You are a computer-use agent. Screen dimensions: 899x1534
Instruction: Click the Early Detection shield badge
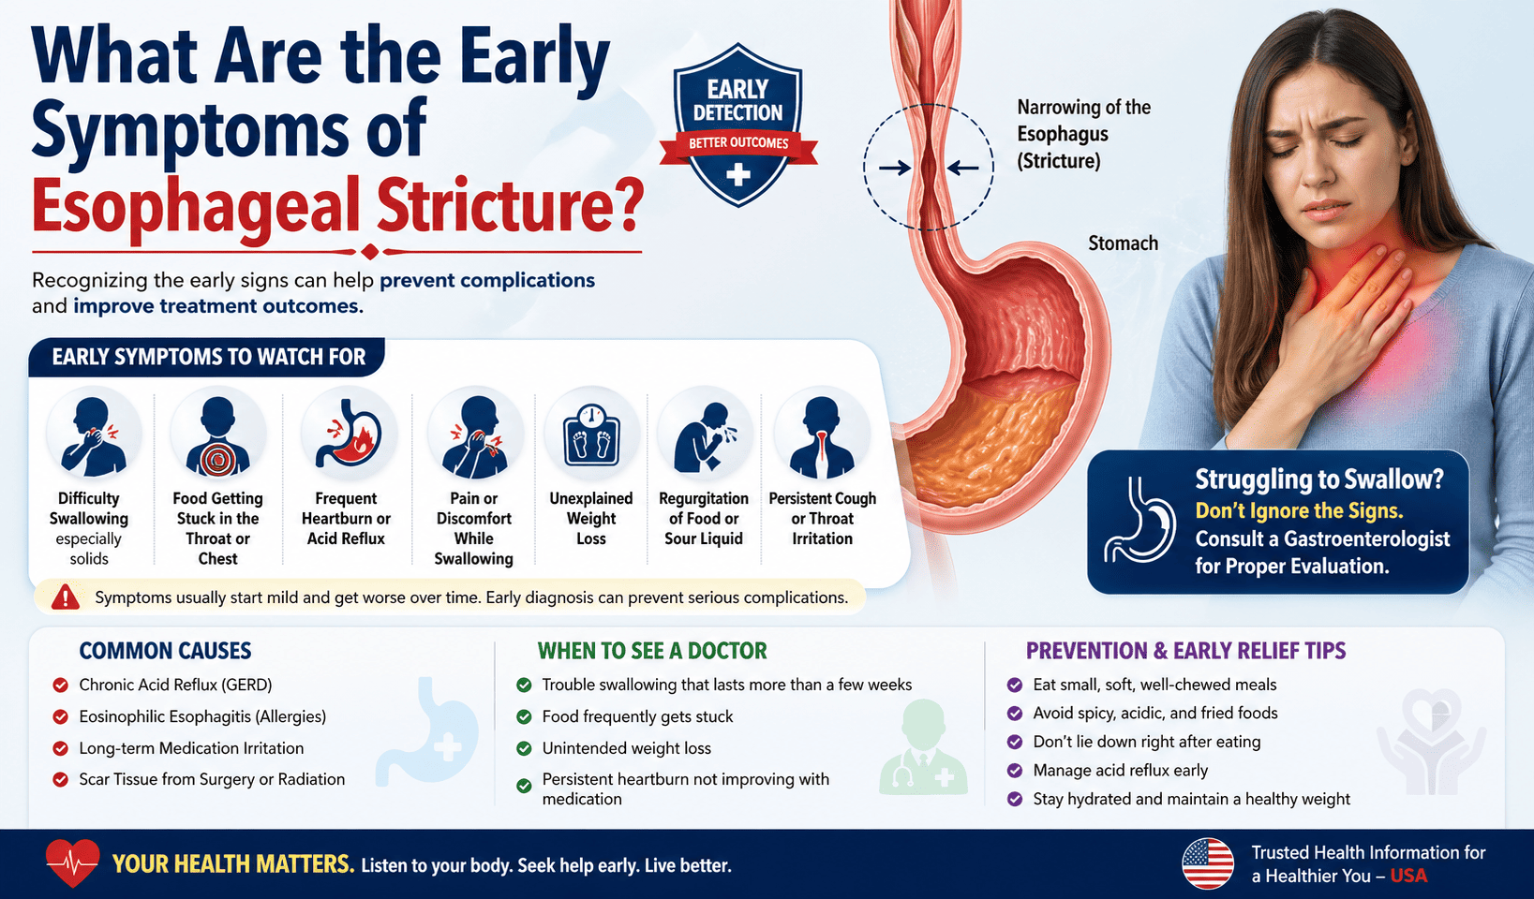pyautogui.click(x=737, y=125)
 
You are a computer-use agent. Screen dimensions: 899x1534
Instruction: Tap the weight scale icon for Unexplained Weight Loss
pyautogui.click(x=591, y=435)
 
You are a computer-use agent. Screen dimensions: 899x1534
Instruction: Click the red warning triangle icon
pyautogui.click(x=66, y=597)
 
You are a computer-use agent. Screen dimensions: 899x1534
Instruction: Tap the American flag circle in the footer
pyautogui.click(x=1208, y=863)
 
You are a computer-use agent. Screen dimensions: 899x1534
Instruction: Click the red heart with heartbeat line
pyautogui.click(x=72, y=862)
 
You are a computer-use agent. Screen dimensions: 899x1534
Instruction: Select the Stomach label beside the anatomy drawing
pyautogui.click(x=1123, y=243)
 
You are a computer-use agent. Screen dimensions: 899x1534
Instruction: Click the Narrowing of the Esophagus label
pyautogui.click(x=1083, y=134)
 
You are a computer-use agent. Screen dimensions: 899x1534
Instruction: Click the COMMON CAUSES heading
pyautogui.click(x=165, y=651)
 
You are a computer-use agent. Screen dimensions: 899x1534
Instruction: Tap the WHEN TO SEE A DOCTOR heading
pyautogui.click(x=652, y=651)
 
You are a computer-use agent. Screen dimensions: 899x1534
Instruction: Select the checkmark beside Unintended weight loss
pyautogui.click(x=525, y=748)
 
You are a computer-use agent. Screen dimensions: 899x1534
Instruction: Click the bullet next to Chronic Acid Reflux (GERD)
pyautogui.click(x=61, y=685)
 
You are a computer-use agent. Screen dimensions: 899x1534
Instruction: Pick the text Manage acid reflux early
pyautogui.click(x=1120, y=771)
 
